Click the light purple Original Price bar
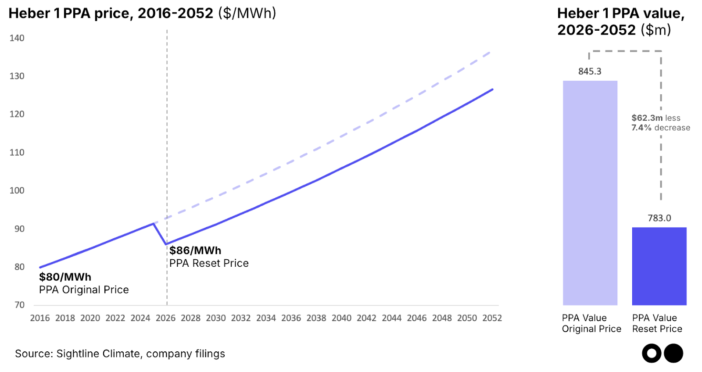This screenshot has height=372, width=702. pos(590,193)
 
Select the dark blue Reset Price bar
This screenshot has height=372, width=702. pos(659,266)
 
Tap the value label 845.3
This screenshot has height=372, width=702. pos(590,72)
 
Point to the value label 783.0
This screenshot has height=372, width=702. pos(659,218)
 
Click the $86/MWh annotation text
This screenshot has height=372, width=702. pos(195,250)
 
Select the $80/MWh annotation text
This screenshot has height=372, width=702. pos(65,277)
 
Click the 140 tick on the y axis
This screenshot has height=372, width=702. pos(17,38)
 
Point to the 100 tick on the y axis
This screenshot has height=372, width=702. pos(17,190)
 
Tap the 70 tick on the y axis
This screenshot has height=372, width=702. pos(19,305)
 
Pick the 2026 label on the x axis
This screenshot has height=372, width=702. pos(165,318)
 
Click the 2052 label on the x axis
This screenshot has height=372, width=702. pos(492,318)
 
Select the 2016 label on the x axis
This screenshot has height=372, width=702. pos(40,318)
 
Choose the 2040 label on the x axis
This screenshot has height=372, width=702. pos(341,318)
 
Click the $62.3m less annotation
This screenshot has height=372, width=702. pos(655,118)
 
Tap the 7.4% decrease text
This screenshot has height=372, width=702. pos(660,128)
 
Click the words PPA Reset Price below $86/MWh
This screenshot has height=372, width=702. pos(209,263)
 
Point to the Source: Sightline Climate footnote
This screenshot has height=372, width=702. pos(120,354)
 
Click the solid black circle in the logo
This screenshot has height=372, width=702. pos(673,353)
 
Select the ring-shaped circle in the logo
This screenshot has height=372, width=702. pos(652,353)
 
